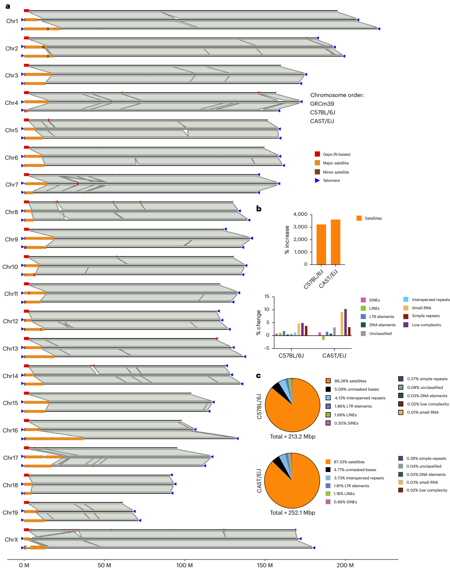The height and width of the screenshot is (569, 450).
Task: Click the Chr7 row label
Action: coord(12,185)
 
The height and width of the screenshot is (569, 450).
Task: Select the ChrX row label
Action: coord(11,540)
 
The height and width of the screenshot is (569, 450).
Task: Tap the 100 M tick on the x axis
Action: coord(185,565)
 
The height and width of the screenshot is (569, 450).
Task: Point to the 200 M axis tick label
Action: coord(345,565)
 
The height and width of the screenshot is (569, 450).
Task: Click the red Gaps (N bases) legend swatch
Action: coord(317,154)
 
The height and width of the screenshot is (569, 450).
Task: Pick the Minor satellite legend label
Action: coord(336,172)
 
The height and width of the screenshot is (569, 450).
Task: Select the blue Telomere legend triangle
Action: coord(317,181)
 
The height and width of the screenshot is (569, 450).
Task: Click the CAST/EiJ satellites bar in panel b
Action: coord(336,242)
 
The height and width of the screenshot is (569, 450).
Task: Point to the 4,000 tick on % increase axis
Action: coord(300,214)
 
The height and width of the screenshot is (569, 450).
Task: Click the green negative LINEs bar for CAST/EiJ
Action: coord(323,338)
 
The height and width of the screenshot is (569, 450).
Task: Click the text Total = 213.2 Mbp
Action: coord(293,436)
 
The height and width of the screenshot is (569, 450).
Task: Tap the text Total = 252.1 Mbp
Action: coord(293,512)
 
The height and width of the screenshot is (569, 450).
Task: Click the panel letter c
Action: coord(259,375)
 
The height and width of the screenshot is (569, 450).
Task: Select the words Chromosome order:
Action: coord(337,95)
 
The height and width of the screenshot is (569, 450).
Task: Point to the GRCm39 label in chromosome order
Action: coord(322,104)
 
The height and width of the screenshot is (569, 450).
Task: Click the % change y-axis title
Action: coord(259,322)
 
